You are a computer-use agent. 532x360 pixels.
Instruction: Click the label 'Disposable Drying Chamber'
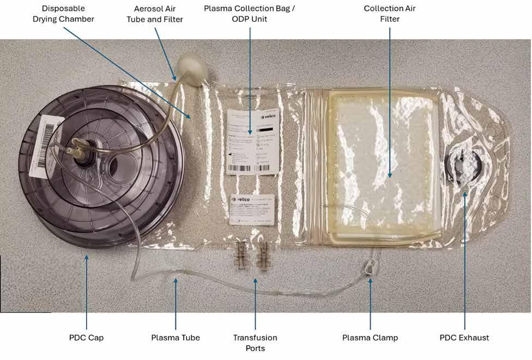click(68, 14)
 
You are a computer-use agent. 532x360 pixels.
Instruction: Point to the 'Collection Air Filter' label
click(389, 14)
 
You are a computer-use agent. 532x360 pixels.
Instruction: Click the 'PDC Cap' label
click(86, 338)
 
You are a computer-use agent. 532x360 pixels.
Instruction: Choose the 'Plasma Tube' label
click(176, 338)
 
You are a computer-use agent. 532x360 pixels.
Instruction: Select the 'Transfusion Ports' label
click(255, 343)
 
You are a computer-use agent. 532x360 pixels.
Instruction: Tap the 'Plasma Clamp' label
click(370, 338)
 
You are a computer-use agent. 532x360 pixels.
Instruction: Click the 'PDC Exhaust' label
click(464, 338)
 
